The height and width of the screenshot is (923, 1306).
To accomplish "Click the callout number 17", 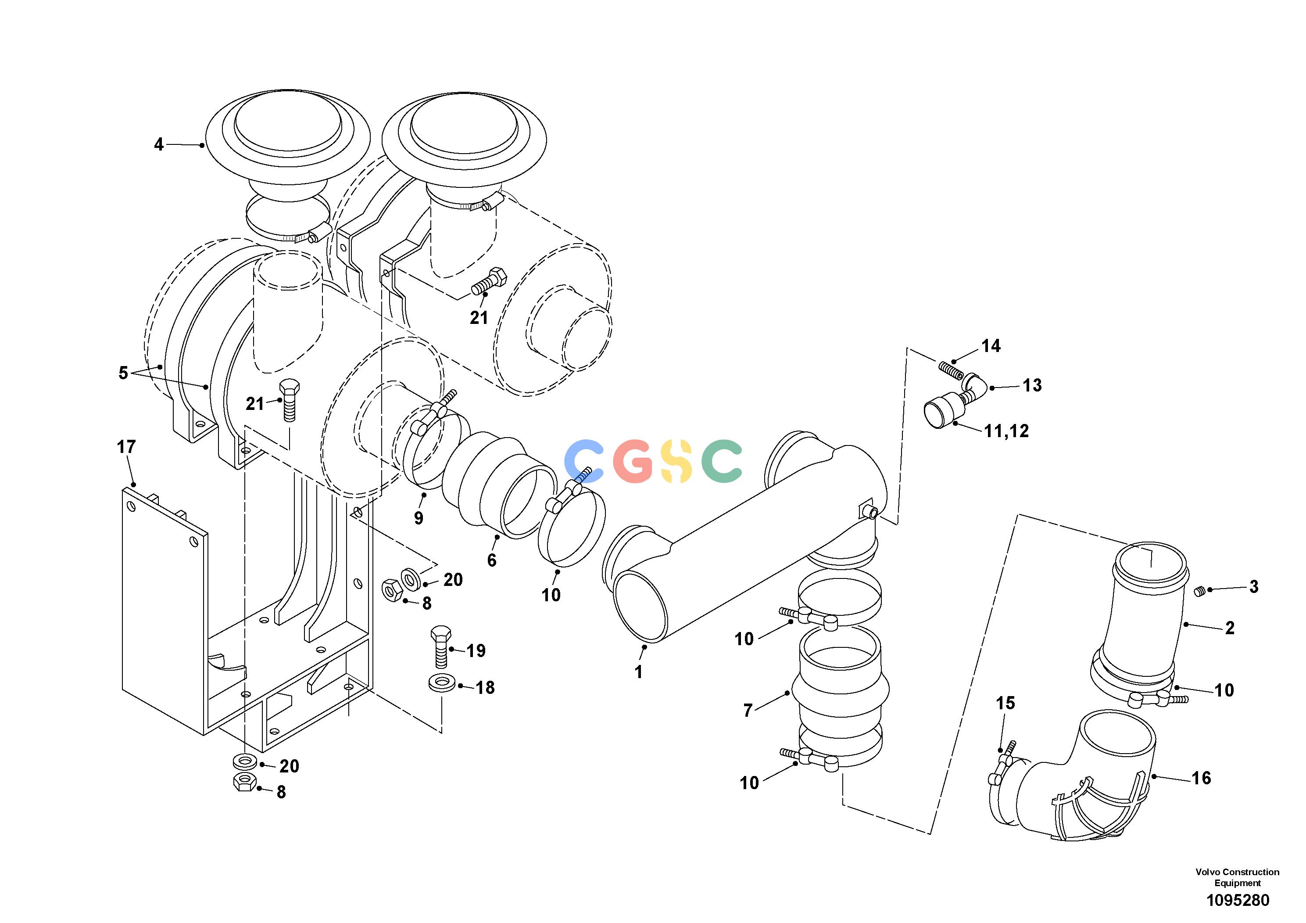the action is tap(126, 447).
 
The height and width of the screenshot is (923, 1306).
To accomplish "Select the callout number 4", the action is tap(159, 144).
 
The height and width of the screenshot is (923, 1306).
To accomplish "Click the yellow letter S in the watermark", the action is tap(677, 461).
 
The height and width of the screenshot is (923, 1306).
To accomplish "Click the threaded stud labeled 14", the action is tap(950, 369).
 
